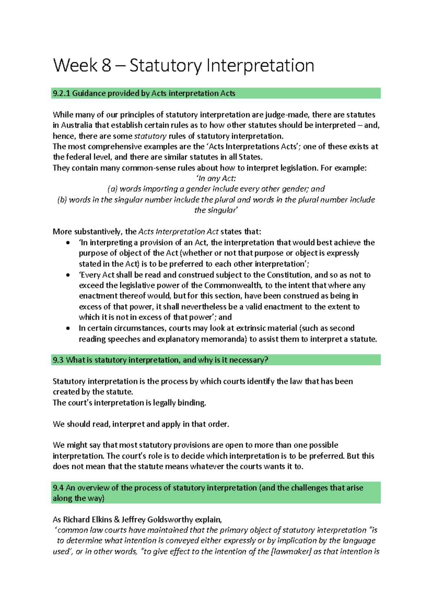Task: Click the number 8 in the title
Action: point(106,66)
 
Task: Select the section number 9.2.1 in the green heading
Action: point(62,94)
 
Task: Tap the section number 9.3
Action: point(58,360)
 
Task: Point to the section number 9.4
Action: point(58,488)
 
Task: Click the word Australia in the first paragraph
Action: point(77,125)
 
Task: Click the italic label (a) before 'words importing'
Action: point(113,189)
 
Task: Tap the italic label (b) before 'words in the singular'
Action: point(62,200)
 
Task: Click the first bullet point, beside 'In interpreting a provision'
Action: point(68,243)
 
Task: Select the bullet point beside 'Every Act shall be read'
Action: point(68,275)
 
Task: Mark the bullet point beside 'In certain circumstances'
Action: point(68,328)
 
